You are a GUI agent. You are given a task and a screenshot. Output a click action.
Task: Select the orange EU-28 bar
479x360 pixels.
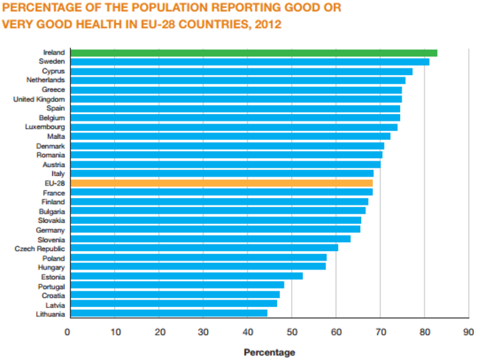(220, 183)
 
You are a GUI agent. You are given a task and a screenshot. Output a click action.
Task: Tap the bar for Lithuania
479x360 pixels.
(167, 314)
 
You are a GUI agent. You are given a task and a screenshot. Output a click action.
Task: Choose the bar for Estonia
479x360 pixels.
(185, 276)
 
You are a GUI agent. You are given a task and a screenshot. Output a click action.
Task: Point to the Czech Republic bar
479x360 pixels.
(203, 248)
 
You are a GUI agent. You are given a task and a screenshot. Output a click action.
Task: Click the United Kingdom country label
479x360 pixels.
(39, 99)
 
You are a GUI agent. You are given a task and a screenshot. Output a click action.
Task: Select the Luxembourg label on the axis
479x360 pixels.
(44, 127)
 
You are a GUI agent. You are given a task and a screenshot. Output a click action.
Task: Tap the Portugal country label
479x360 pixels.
(51, 286)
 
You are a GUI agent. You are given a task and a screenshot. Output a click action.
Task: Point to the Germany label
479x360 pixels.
(50, 230)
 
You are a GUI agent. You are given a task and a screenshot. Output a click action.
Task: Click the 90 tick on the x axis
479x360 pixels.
(468, 332)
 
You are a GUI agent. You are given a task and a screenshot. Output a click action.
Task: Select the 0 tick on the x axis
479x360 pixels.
(68, 332)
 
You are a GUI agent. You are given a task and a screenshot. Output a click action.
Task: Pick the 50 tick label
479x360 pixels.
(291, 332)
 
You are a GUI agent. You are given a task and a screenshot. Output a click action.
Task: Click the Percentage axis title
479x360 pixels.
(269, 353)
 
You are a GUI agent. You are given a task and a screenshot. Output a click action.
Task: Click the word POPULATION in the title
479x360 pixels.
(155, 9)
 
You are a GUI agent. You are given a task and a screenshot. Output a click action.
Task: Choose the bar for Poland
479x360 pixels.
(197, 258)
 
